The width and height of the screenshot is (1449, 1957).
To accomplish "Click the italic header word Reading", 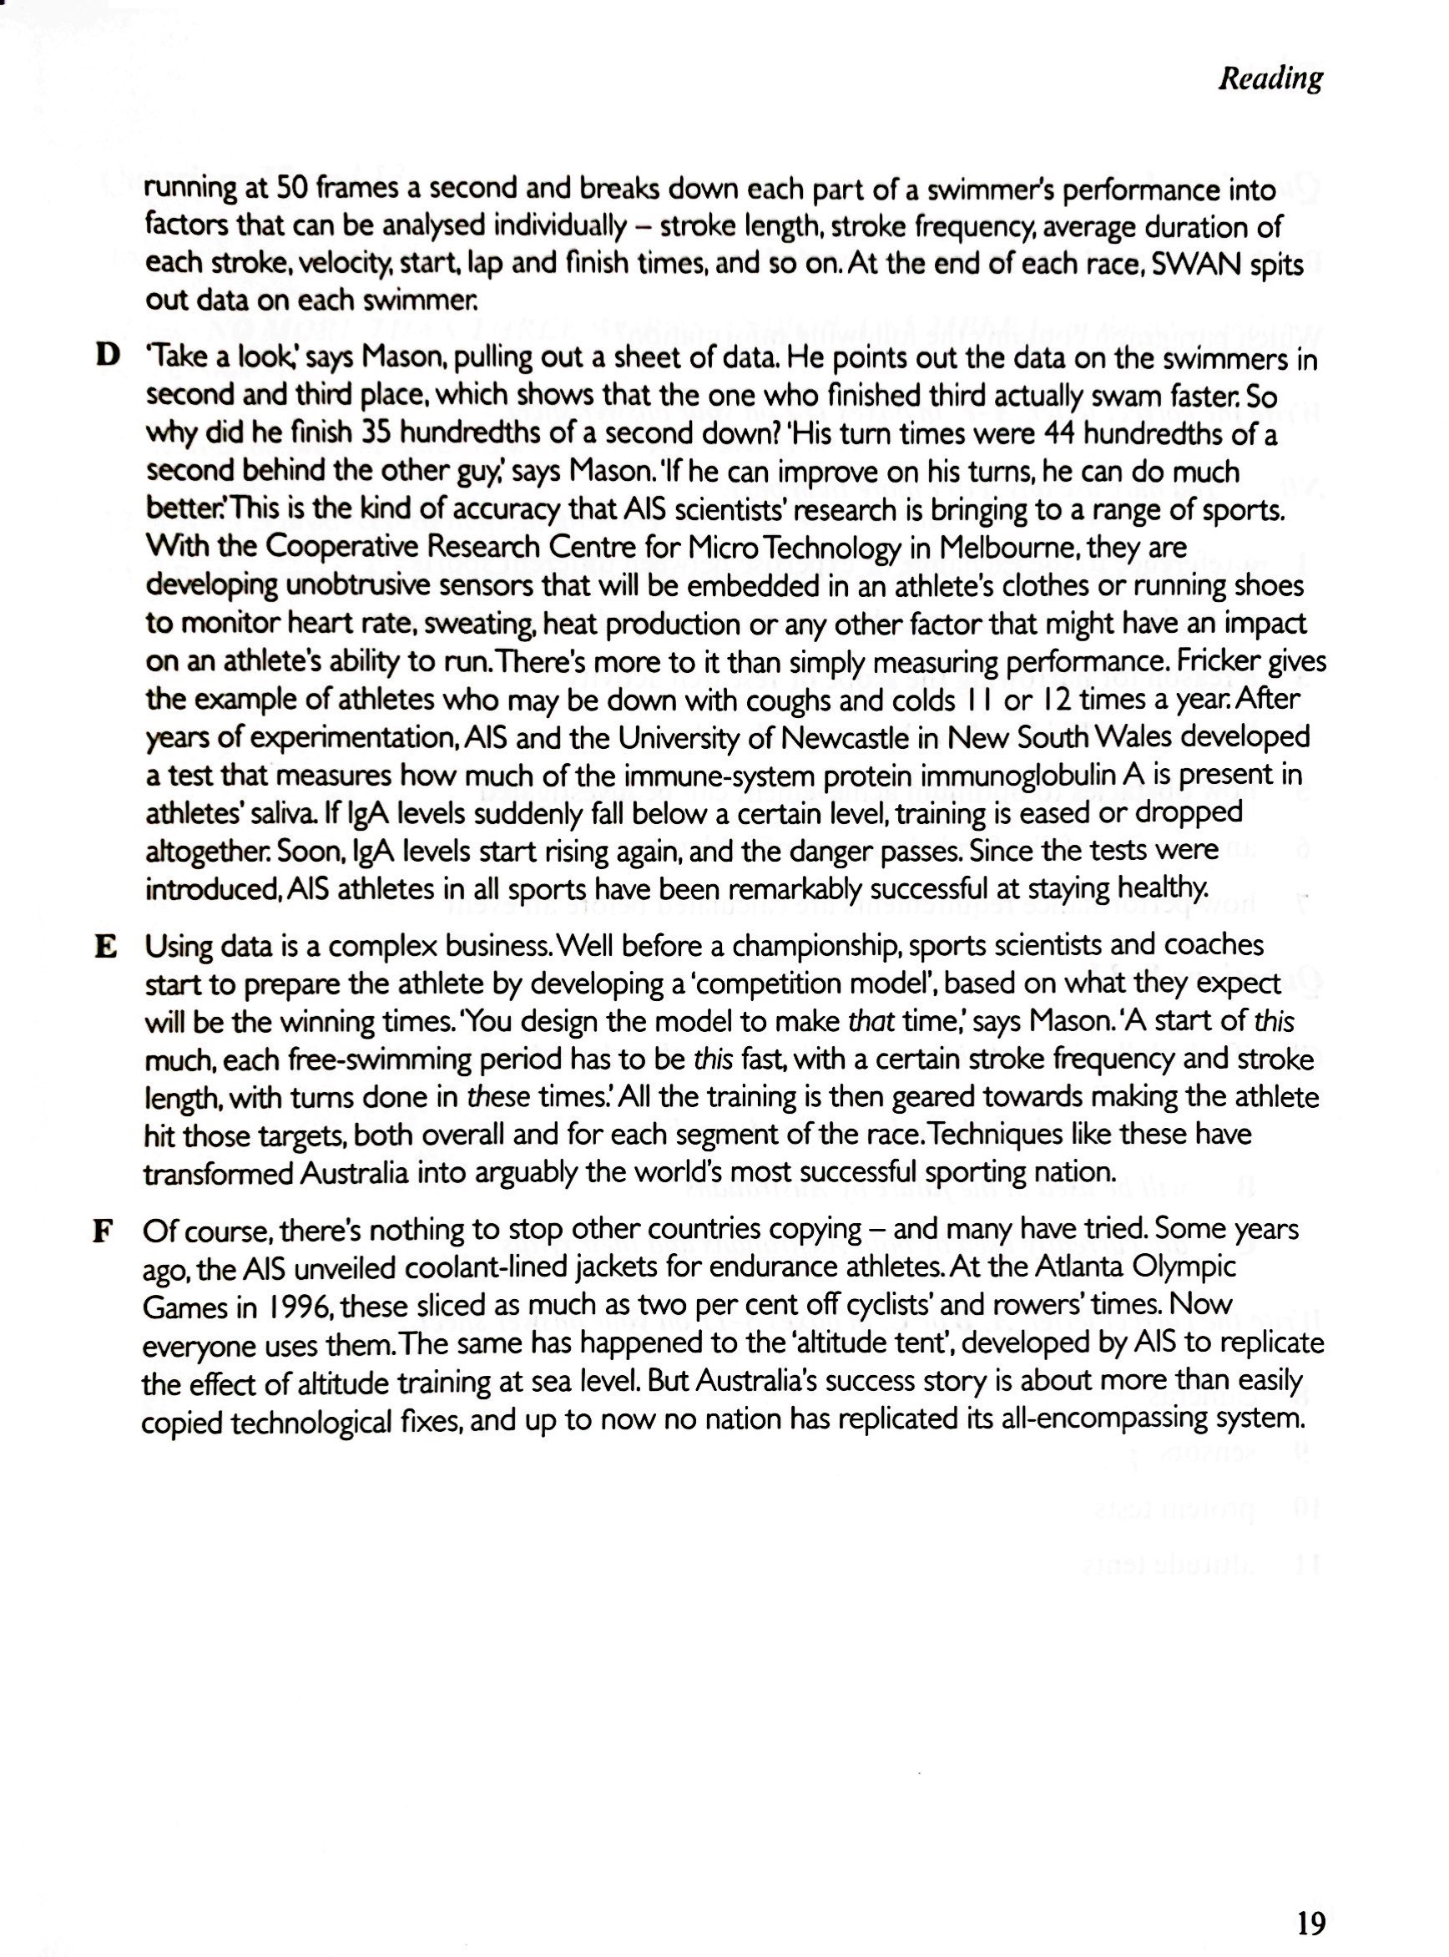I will click(x=1270, y=78).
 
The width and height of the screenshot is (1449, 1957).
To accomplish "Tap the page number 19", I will click(x=1310, y=1899).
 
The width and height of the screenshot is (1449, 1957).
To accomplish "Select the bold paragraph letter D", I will click(x=106, y=357).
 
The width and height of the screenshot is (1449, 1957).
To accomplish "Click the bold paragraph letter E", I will click(x=104, y=947).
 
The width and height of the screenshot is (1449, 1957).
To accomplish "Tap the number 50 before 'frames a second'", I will click(x=291, y=188).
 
